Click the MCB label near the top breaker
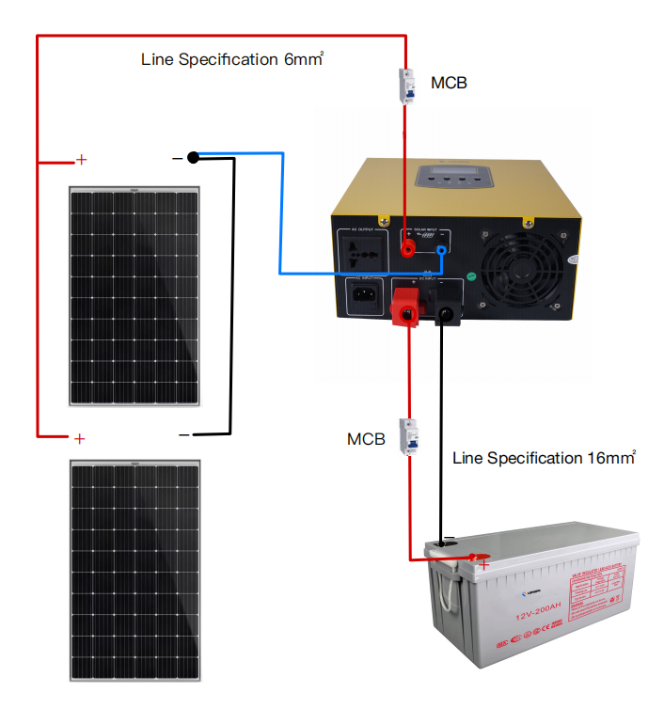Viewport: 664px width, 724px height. pyautogui.click(x=449, y=83)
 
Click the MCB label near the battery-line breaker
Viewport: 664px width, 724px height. pyautogui.click(x=366, y=439)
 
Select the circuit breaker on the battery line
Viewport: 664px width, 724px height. pyautogui.click(x=409, y=436)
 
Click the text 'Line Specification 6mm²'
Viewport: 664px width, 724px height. pyautogui.click(x=232, y=59)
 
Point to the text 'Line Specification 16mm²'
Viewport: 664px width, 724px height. pyautogui.click(x=544, y=458)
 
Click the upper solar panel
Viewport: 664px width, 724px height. pyautogui.click(x=135, y=297)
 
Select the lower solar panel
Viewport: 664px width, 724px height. pyautogui.click(x=135, y=570)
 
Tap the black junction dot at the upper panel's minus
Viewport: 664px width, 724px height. pyautogui.click(x=193, y=157)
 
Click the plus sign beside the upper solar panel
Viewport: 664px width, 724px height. pyautogui.click(x=81, y=160)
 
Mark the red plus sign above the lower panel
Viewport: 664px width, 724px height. pyautogui.click(x=80, y=438)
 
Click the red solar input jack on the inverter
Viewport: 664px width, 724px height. pyautogui.click(x=408, y=249)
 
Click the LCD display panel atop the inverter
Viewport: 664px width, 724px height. pyautogui.click(x=450, y=174)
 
